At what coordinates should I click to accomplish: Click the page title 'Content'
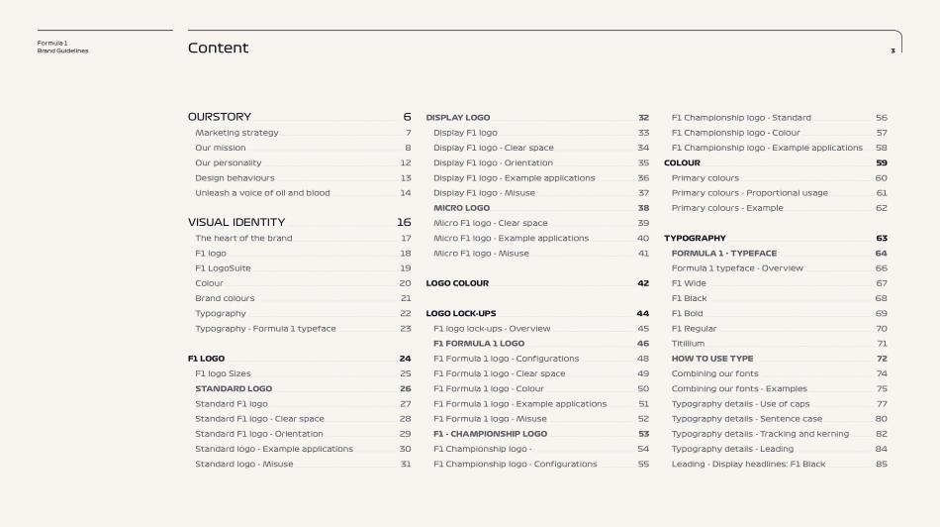coord(218,48)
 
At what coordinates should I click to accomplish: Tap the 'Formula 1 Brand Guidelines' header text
coord(62,47)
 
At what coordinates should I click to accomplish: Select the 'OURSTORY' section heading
coord(220,117)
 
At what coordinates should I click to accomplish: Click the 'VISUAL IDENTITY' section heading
coord(236,223)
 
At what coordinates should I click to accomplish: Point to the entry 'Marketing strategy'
coord(236,133)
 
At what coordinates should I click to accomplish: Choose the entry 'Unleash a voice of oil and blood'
coord(262,193)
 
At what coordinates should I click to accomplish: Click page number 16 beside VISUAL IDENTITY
coord(404,223)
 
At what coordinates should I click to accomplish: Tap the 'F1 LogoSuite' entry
coord(223,268)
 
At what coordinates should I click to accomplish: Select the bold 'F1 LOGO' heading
coord(206,359)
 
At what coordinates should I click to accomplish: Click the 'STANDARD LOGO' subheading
coord(234,389)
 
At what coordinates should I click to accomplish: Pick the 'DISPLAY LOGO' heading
coord(458,118)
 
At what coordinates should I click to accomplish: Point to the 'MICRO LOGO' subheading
coord(461,208)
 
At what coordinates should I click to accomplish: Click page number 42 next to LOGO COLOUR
coord(643,283)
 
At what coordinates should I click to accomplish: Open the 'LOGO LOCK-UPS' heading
coord(461,314)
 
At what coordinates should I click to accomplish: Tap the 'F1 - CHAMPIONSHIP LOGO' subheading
coord(490,434)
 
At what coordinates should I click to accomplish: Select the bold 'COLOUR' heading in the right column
coord(682,163)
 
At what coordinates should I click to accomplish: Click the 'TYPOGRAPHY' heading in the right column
coord(695,239)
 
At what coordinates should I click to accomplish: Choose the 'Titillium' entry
coord(689,344)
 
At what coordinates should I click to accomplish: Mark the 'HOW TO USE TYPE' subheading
coord(712,359)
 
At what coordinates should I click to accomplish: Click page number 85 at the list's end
coord(881,464)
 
